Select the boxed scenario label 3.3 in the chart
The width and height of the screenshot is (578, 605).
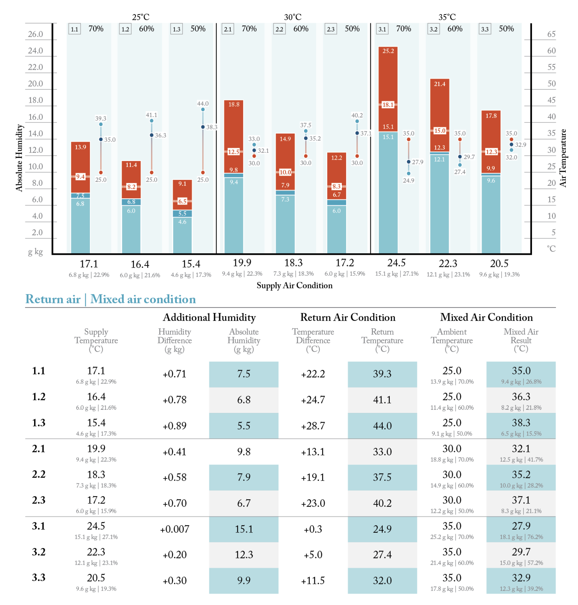pyautogui.click(x=485, y=29)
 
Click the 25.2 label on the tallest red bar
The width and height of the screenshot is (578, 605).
pyautogui.click(x=388, y=51)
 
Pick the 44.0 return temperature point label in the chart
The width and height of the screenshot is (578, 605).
pyautogui.click(x=203, y=103)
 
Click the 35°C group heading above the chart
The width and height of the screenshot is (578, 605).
pyautogui.click(x=447, y=17)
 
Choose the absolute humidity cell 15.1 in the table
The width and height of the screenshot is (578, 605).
pyautogui.click(x=244, y=529)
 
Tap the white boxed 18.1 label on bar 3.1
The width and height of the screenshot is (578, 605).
pyautogui.click(x=388, y=105)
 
